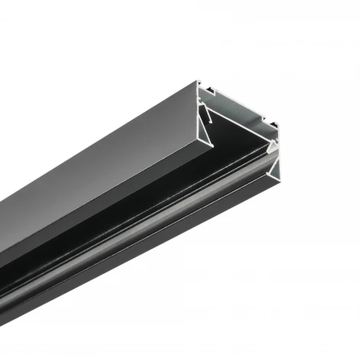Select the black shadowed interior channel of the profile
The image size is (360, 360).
153,207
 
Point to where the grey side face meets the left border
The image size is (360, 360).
2,230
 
